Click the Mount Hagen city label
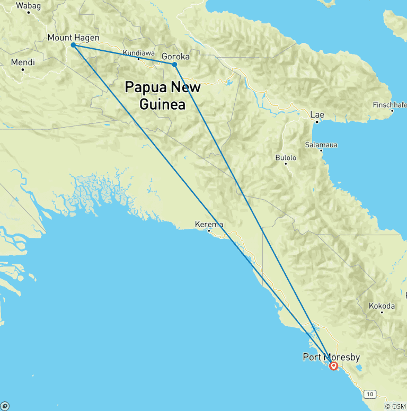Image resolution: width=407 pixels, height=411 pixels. (73, 38)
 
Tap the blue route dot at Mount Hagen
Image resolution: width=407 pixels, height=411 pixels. (73, 45)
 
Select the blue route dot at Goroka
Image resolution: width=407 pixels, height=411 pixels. (174, 65)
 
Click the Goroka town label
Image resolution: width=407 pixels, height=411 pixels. (175, 57)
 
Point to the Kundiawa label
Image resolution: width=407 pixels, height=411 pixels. (138, 53)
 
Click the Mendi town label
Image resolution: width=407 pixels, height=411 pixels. (23, 62)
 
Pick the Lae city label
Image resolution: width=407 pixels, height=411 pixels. (317, 115)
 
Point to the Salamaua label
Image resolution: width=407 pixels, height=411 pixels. (321, 145)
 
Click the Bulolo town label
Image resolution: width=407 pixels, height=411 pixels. (286, 157)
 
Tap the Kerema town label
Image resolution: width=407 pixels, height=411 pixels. (209, 224)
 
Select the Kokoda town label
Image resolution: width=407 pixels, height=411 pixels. (382, 306)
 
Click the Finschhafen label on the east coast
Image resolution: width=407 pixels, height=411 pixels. (390, 104)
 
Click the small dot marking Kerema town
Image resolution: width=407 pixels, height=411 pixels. (209, 230)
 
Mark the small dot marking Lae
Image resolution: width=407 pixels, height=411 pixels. (317, 122)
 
